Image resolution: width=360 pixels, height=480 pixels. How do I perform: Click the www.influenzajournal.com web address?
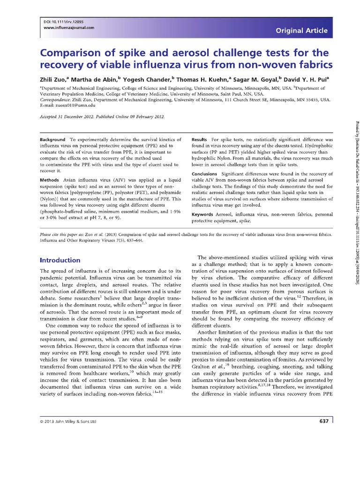click(69, 28)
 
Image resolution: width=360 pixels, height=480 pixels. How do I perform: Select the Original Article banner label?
click(301, 30)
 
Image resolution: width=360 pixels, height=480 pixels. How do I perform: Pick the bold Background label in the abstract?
click(52, 140)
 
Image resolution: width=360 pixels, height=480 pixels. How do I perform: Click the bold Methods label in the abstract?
click(49, 180)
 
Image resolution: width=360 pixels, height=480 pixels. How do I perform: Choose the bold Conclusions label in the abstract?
click(205, 174)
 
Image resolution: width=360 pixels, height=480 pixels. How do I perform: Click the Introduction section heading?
click(60, 260)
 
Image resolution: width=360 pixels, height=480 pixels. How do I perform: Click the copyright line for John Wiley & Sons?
click(68, 421)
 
